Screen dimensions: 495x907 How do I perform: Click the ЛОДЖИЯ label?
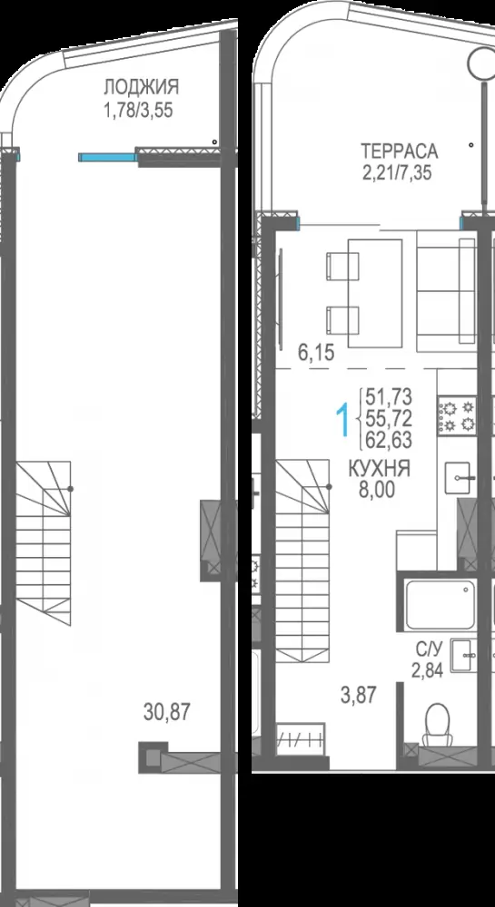(142, 87)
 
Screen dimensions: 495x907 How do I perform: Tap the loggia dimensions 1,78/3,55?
(138, 110)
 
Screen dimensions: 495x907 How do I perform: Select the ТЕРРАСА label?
(400, 151)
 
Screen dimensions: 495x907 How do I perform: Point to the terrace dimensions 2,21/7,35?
(397, 172)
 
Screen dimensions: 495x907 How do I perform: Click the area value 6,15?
(317, 353)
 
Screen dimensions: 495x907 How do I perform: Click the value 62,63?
(389, 441)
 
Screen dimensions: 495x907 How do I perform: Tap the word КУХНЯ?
(380, 469)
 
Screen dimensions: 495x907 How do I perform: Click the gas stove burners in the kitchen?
(458, 415)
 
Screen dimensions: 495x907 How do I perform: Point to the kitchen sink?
(460, 478)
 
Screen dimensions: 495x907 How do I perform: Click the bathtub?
(441, 604)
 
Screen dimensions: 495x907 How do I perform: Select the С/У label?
(427, 650)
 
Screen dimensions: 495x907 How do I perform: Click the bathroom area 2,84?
(427, 671)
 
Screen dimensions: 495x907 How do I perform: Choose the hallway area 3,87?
(359, 696)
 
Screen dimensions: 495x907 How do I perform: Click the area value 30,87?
(167, 711)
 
